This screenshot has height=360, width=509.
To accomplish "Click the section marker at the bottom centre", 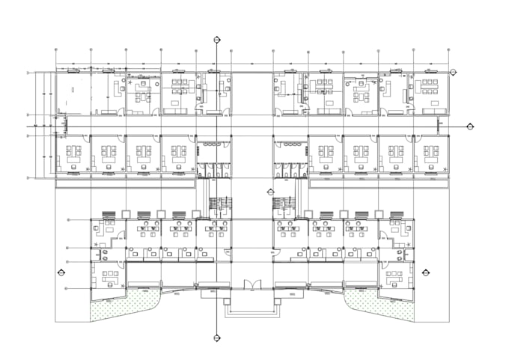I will click(216, 336).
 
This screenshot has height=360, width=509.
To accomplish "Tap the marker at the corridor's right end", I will click(469, 126).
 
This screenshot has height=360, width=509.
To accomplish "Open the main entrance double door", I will click(252, 284).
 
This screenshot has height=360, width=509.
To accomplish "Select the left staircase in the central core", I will click(219, 203).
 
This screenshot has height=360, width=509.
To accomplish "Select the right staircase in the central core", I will click(284, 203).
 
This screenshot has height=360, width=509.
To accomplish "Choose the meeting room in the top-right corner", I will click(430, 91).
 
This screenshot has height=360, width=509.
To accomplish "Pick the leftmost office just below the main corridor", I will click(73, 155).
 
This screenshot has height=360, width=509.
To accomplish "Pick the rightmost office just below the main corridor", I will click(430, 155).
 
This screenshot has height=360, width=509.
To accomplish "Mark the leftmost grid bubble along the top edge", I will click(57, 50).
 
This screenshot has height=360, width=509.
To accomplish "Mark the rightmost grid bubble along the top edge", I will click(448, 50).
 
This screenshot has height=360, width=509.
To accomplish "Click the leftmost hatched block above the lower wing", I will click(107, 214).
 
